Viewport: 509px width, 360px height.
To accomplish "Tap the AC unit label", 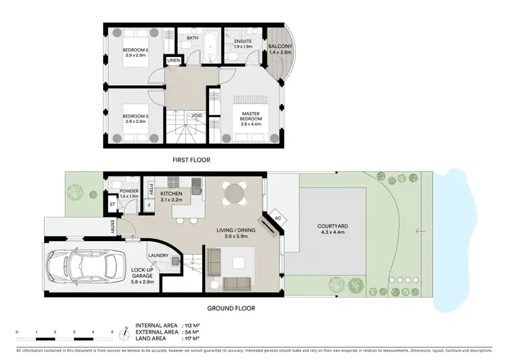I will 278,218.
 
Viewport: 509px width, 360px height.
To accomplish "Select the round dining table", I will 233,194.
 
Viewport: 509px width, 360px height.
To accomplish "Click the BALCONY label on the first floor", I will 279,49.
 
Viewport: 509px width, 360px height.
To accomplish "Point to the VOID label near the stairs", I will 196,115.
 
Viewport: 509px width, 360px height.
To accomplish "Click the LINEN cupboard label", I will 173,62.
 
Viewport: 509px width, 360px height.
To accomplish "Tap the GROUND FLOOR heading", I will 213,308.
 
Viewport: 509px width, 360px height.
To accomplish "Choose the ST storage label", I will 112,204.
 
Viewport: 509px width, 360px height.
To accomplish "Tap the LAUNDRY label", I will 158,256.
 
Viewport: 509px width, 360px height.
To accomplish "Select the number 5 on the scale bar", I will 112,332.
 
